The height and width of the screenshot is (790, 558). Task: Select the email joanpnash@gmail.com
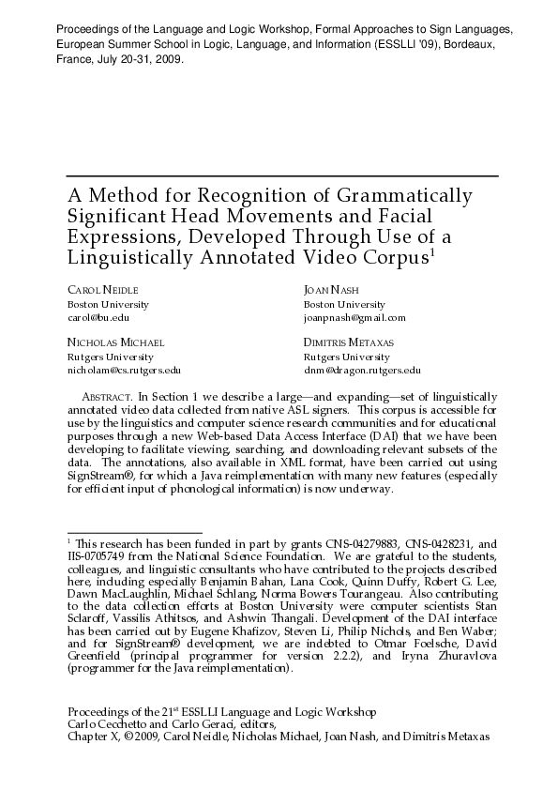(354, 318)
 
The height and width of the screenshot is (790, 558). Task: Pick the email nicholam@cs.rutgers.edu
(123, 371)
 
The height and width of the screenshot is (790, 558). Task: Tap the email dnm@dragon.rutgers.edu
(362, 371)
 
